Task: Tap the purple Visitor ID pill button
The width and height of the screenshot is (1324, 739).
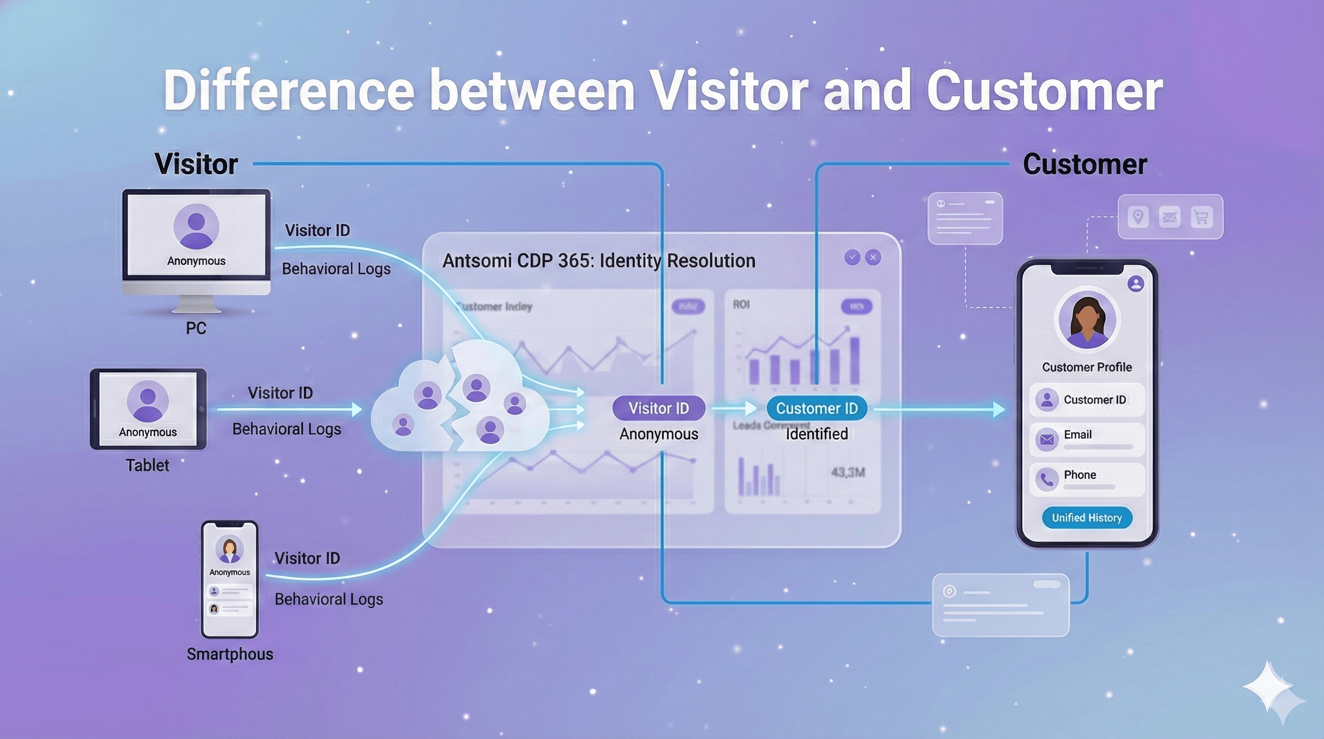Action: tap(659, 408)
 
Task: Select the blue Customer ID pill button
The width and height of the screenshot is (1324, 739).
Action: tap(817, 408)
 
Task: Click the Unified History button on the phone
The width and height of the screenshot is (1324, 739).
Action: tap(1086, 518)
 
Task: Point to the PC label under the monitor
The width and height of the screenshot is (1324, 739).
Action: tap(196, 328)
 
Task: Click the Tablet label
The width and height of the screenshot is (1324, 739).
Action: tap(148, 465)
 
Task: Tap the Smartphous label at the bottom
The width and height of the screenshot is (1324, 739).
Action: tap(230, 654)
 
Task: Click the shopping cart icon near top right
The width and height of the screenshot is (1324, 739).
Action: tap(1201, 217)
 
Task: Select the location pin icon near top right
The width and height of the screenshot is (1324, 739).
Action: tap(1138, 217)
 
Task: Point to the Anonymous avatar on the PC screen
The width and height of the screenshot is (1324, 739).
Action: tap(196, 226)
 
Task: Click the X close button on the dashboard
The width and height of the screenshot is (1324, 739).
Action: tap(873, 257)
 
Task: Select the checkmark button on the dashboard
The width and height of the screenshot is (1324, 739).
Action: tap(852, 257)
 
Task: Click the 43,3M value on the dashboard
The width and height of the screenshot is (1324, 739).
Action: tap(848, 472)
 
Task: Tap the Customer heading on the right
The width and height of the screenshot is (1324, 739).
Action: tap(1084, 165)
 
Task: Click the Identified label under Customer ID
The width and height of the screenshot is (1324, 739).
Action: tap(817, 434)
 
